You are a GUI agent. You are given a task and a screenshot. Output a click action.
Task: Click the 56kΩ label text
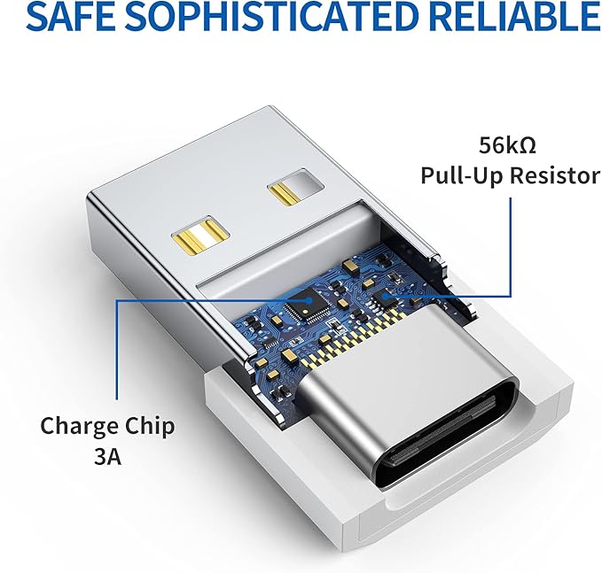click(507, 145)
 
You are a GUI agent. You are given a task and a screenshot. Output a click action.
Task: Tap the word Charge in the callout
click(79, 426)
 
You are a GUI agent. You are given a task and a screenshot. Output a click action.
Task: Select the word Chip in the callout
click(150, 426)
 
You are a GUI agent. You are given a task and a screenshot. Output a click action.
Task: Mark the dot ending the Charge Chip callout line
click(309, 301)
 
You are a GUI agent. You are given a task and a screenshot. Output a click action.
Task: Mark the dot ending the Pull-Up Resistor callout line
click(387, 295)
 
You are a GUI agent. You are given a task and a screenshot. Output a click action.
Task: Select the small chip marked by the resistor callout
click(384, 296)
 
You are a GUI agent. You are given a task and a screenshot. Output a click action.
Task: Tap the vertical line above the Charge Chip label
click(118, 350)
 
